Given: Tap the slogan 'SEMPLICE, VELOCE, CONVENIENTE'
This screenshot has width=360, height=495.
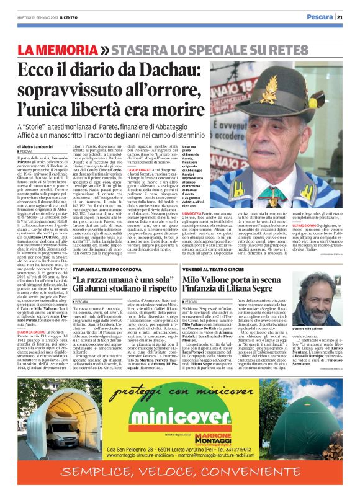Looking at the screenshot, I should [x=179, y=482].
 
